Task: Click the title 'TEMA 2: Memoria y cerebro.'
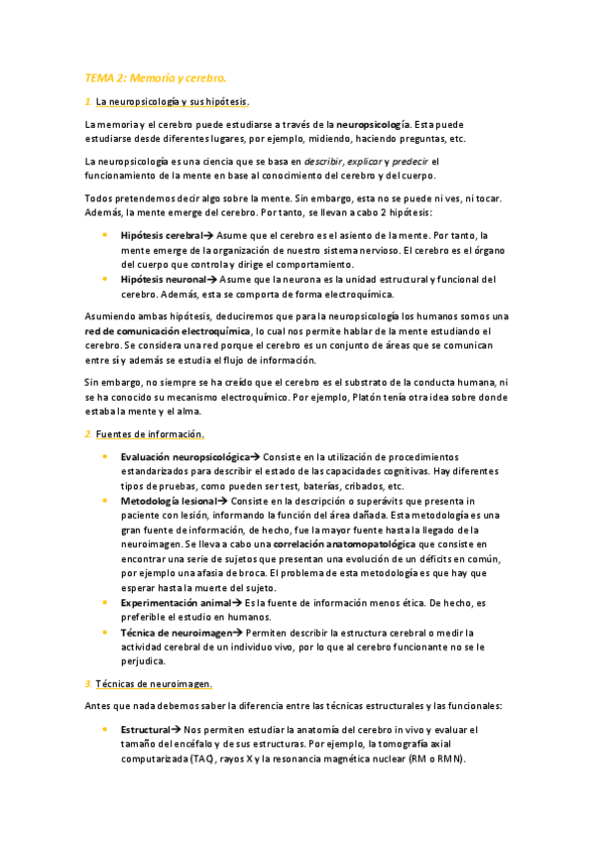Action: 156,76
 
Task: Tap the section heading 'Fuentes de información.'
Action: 150,434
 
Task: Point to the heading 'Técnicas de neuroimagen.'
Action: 153,683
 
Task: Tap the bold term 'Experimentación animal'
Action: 176,602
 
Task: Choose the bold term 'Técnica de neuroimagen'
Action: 175,632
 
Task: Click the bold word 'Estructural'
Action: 145,730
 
